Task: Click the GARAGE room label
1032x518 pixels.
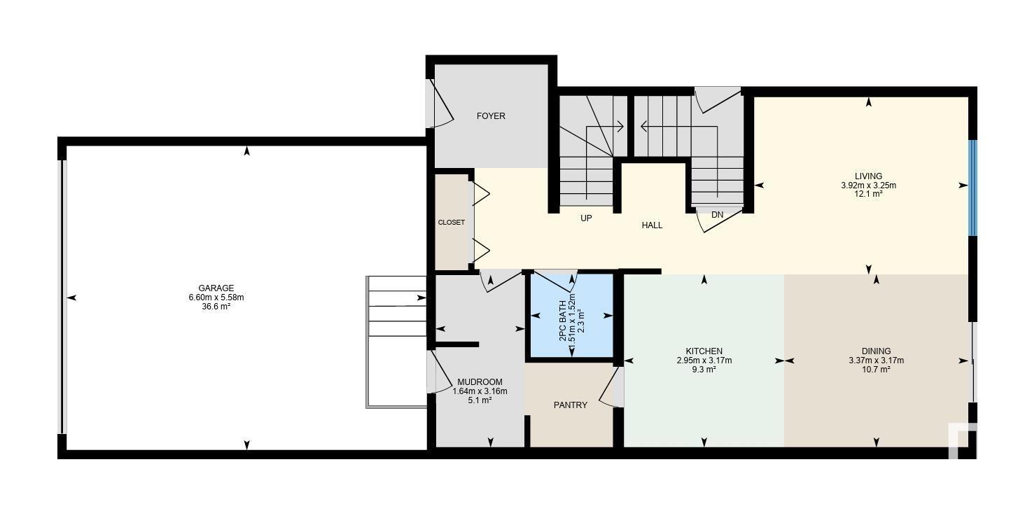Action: coord(216,288)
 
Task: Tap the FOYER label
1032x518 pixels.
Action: coord(491,116)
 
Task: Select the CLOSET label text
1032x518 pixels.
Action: coord(451,223)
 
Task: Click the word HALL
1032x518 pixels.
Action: coord(652,225)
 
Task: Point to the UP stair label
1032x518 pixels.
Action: coord(586,218)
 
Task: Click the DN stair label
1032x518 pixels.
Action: coord(718,215)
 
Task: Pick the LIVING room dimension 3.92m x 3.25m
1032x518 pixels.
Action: coord(868,185)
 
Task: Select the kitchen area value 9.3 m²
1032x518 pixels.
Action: coord(704,370)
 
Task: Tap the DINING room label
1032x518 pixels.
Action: coord(877,351)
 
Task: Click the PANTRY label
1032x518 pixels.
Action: coord(571,405)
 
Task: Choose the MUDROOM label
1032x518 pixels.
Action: coord(480,382)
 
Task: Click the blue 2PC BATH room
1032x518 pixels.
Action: coord(572,316)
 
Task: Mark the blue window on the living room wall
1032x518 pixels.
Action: coord(972,188)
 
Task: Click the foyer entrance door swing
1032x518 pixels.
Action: coord(439,103)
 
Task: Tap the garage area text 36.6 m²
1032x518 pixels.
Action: coord(216,306)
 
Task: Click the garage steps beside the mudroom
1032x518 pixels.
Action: coord(397,342)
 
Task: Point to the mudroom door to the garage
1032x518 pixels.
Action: coord(439,372)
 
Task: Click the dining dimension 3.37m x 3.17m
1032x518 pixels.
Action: coord(877,360)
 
